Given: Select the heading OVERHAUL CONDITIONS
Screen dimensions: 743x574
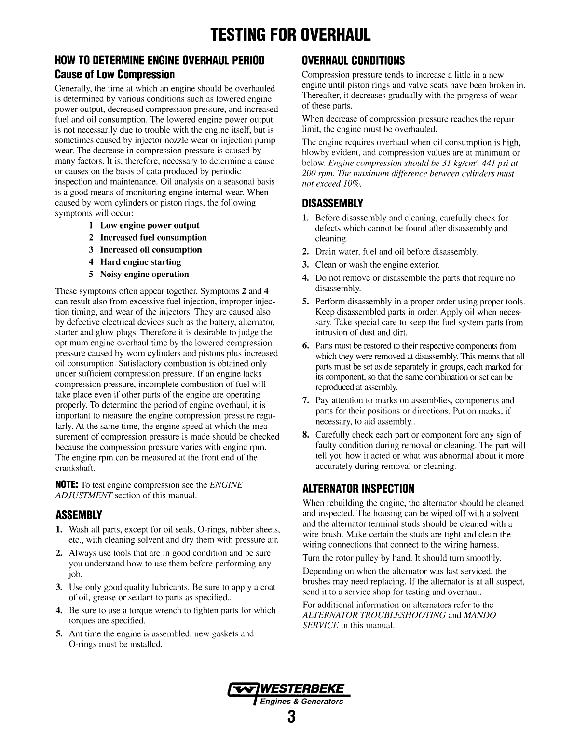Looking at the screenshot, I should tap(353, 61).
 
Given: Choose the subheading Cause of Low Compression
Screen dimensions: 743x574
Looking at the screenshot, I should tap(115, 75).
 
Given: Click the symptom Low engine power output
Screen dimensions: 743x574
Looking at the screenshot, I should tap(149, 225).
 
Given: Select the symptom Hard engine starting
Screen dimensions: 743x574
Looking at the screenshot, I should tap(140, 262).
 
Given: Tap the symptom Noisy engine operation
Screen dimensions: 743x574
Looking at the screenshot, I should tap(144, 274).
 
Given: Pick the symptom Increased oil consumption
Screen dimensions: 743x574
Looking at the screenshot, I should tap(150, 250).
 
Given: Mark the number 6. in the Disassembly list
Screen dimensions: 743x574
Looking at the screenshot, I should tap(306, 346).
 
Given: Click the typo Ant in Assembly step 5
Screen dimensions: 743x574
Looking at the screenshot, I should tap(76, 633).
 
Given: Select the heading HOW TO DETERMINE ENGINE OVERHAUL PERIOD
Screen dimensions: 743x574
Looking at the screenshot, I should tap(160, 61).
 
